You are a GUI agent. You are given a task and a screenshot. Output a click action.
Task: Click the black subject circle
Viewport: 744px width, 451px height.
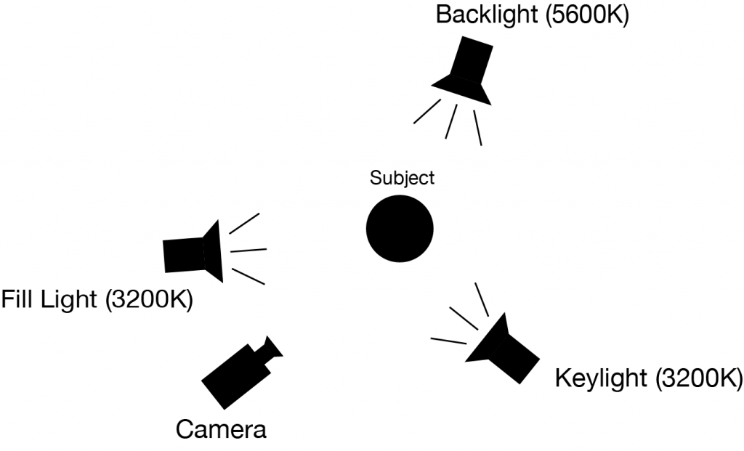[x=399, y=228]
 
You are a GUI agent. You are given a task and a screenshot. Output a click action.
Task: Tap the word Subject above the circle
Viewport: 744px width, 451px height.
[x=402, y=177]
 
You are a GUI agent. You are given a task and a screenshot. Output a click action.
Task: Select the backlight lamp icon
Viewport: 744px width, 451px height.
[x=465, y=72]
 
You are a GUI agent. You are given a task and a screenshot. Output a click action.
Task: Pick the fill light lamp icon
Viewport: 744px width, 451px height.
[x=193, y=251]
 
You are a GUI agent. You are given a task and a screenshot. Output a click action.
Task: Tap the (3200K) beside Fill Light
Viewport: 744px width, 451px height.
[x=149, y=299]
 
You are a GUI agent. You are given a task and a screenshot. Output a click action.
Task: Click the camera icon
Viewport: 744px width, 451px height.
[x=240, y=372]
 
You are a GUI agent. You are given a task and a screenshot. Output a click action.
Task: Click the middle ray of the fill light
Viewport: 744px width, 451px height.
[x=248, y=251]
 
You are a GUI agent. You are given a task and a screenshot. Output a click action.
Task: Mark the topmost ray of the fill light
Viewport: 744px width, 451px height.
[x=244, y=222]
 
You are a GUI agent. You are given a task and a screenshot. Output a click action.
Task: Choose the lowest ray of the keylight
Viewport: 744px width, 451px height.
[x=448, y=340]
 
